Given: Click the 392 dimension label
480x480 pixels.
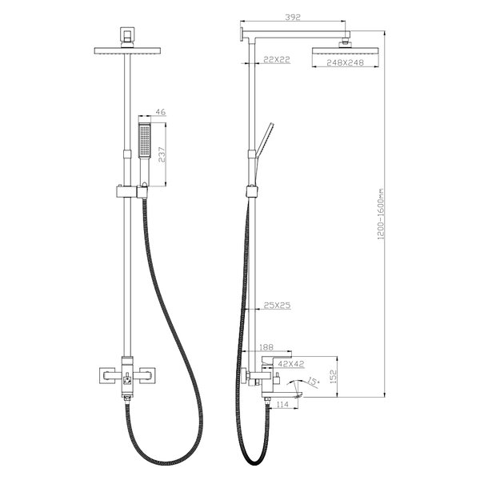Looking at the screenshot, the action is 293,17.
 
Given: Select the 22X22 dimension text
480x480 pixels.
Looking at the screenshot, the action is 277,59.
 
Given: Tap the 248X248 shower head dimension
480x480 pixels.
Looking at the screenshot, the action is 345,62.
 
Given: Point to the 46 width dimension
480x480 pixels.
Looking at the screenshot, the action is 161,112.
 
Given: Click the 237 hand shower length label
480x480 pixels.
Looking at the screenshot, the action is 162,155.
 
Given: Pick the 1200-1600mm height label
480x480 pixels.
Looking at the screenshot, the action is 381,214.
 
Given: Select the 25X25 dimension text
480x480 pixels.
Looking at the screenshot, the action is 277,306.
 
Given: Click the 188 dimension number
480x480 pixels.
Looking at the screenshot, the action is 266,347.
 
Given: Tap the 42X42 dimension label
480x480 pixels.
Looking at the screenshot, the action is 291,364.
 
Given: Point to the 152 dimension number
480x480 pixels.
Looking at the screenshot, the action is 334,377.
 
